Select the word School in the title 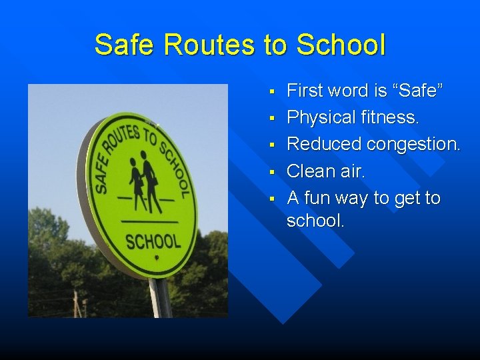click(x=341, y=45)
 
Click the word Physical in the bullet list click(x=321, y=117)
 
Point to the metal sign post click(x=160, y=298)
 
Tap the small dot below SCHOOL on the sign click(x=156, y=257)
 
